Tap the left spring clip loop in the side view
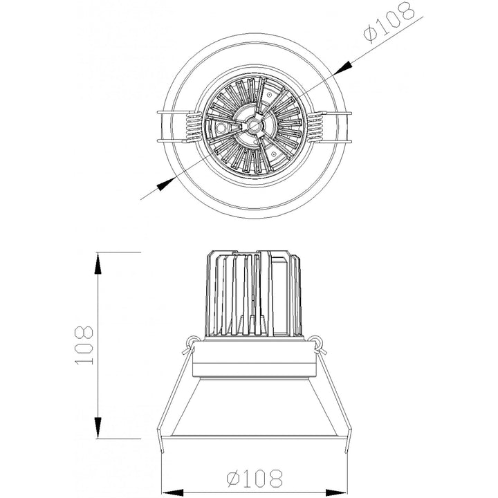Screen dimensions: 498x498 [x=190, y=340]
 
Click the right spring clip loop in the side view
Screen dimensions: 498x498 [x=317, y=340]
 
